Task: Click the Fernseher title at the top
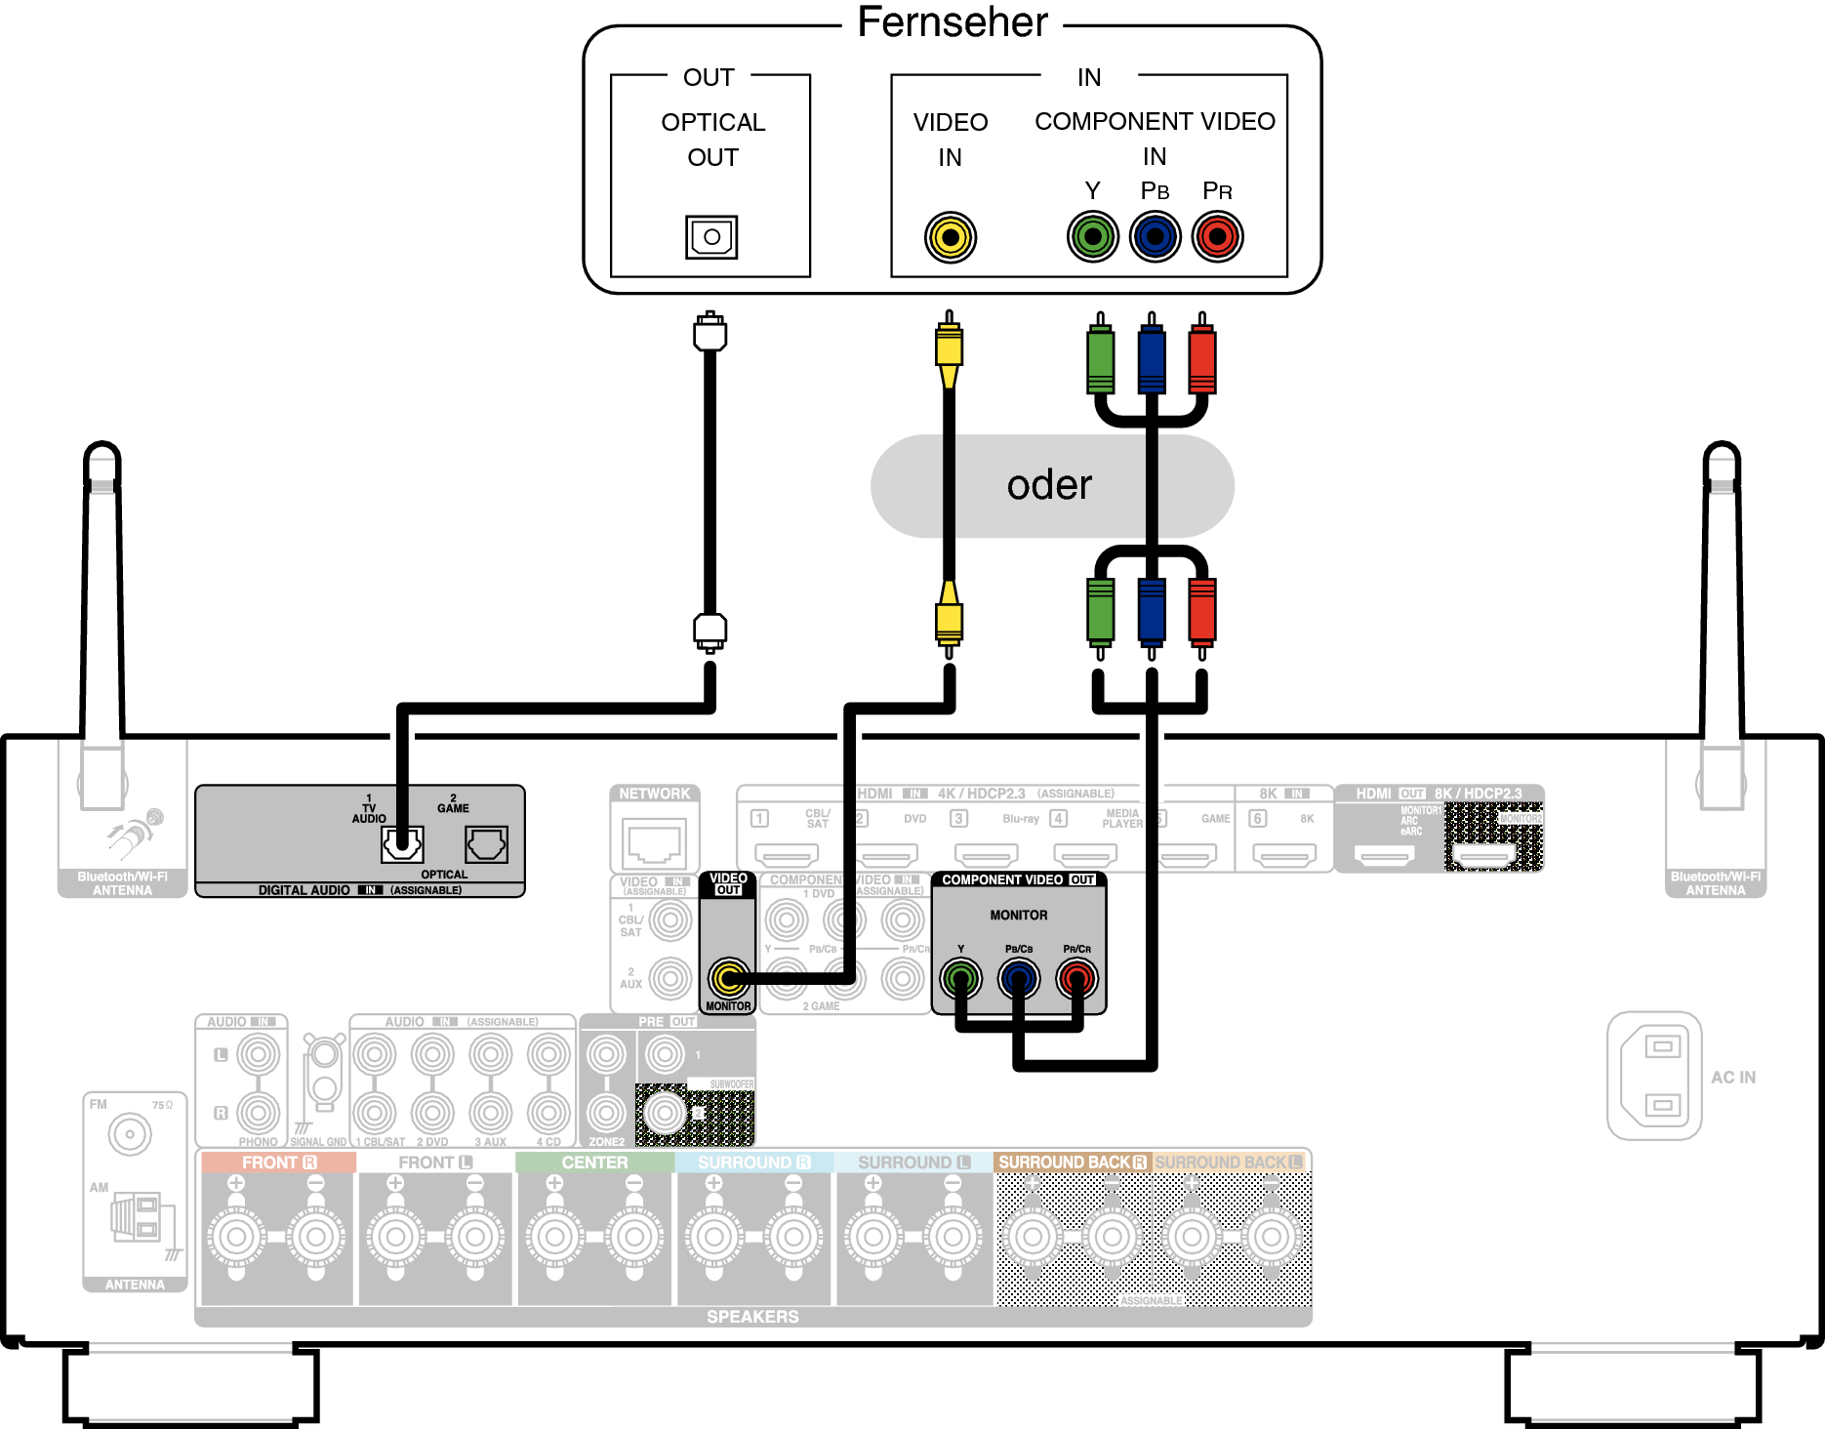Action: pyautogui.click(x=953, y=21)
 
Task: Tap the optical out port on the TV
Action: pyautogui.click(x=711, y=237)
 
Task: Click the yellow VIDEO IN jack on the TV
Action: pyautogui.click(x=950, y=237)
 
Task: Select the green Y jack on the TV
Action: pyautogui.click(x=1092, y=236)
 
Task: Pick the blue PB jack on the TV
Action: pyautogui.click(x=1155, y=236)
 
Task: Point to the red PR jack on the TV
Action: pyautogui.click(x=1217, y=236)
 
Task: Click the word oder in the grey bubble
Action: pyautogui.click(x=1049, y=485)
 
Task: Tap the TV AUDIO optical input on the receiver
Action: pyautogui.click(x=402, y=844)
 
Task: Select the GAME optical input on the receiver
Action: pyautogui.click(x=486, y=844)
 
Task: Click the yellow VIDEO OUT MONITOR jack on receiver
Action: pyautogui.click(x=728, y=977)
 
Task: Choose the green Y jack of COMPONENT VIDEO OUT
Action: pyautogui.click(x=960, y=977)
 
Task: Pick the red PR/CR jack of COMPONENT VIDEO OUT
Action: pyautogui.click(x=1076, y=977)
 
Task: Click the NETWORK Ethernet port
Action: pyautogui.click(x=654, y=842)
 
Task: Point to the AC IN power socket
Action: pyautogui.click(x=1661, y=1076)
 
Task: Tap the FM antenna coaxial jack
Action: pyautogui.click(x=130, y=1134)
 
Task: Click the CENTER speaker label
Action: pyautogui.click(x=594, y=1163)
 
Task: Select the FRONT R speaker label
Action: pyautogui.click(x=279, y=1163)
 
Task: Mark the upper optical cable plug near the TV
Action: pyautogui.click(x=710, y=333)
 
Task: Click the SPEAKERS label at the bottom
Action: pyautogui.click(x=752, y=1317)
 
